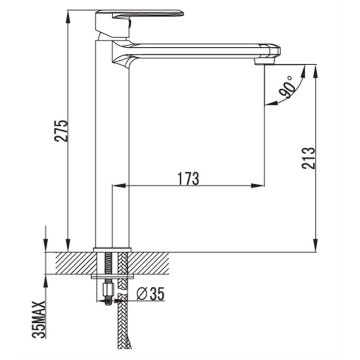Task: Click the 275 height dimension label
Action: pyautogui.click(x=61, y=130)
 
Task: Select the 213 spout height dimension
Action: pyautogui.click(x=308, y=158)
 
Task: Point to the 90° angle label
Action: pyautogui.click(x=287, y=87)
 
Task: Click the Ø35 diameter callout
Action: pyautogui.click(x=150, y=294)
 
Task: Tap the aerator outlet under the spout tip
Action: pyautogui.click(x=264, y=62)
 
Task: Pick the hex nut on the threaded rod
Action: pyautogui.click(x=108, y=290)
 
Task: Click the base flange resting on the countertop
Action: pyautogui.click(x=112, y=250)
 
